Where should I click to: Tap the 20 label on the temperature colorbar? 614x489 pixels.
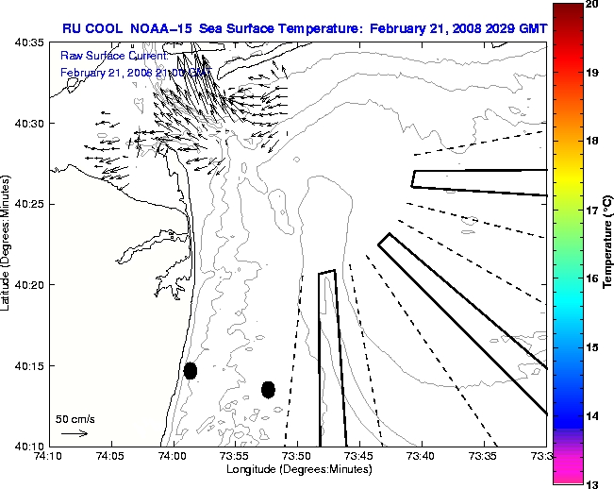pos(594,5)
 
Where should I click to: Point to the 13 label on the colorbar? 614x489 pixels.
pos(594,483)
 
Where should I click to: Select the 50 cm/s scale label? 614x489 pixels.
pos(75,418)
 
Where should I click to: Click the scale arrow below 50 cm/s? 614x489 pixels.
pos(75,433)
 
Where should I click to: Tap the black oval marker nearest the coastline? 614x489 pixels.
pos(191,370)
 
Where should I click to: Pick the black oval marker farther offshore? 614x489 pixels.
pos(269,389)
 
